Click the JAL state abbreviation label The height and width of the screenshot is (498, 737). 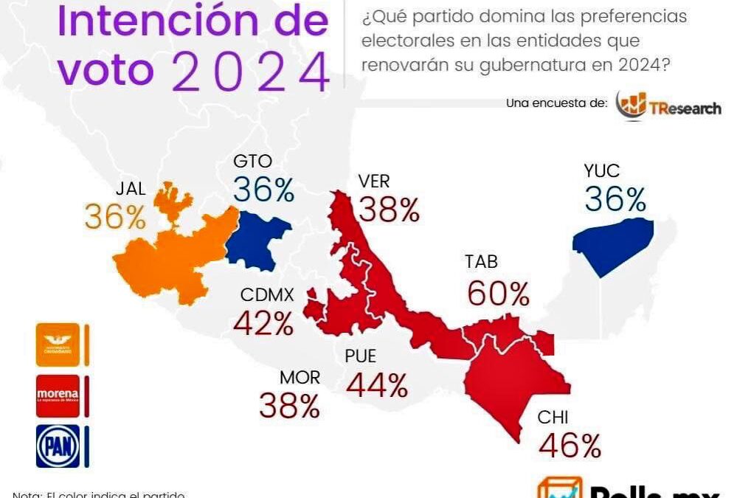pyautogui.click(x=130, y=188)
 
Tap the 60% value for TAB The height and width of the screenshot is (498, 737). pyautogui.click(x=498, y=294)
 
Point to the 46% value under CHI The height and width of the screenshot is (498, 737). pyautogui.click(x=570, y=445)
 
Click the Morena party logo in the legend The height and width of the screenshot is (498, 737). pyautogui.click(x=57, y=396)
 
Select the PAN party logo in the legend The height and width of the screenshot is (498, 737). pyautogui.click(x=57, y=446)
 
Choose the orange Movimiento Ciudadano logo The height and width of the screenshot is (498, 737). pyautogui.click(x=57, y=345)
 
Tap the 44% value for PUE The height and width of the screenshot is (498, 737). pyautogui.click(x=376, y=384)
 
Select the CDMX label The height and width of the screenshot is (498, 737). pyautogui.click(x=267, y=295)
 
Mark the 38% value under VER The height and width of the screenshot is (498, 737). pyautogui.click(x=388, y=210)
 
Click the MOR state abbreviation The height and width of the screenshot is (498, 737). pyautogui.click(x=300, y=378)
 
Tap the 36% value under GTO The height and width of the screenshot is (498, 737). pyautogui.click(x=263, y=190)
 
